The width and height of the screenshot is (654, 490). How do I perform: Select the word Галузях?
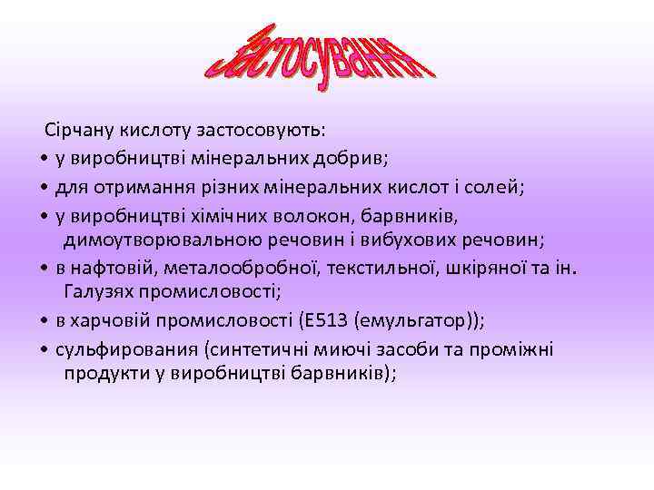(101, 292)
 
